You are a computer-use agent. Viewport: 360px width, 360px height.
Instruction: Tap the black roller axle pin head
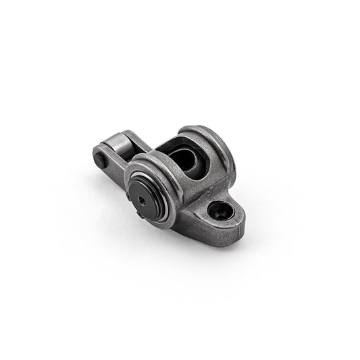[x=100, y=161]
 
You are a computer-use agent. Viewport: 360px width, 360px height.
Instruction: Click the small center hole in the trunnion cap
[x=144, y=201]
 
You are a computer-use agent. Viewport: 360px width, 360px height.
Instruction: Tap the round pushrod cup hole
[x=220, y=211]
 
